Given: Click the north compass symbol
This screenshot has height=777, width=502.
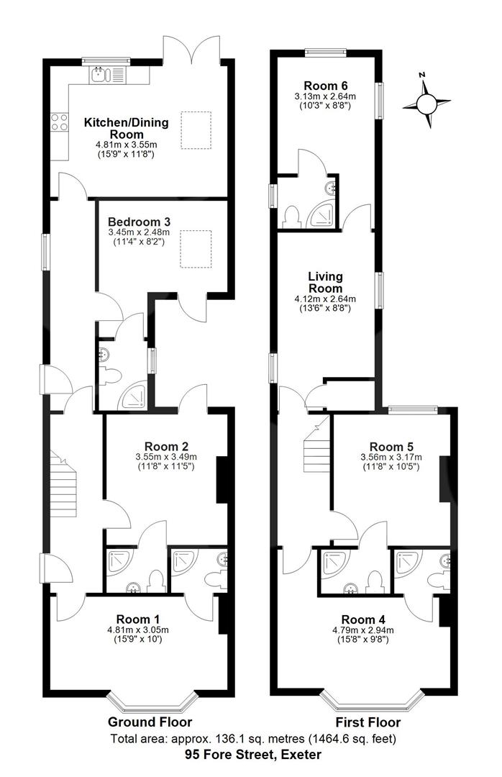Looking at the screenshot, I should point(426,102).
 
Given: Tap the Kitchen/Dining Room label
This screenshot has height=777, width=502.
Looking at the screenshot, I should point(127,128).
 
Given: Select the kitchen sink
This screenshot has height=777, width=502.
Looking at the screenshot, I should point(106,73).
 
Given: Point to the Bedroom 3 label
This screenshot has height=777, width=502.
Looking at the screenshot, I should point(139,222).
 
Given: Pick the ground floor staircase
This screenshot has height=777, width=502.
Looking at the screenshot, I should point(63,481).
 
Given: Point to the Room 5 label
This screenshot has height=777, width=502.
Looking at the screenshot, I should point(391,445).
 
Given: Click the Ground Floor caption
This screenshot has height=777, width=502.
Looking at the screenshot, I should point(150,722).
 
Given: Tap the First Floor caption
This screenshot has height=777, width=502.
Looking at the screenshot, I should point(368,722).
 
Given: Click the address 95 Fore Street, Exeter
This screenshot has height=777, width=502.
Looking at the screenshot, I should point(252,755).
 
